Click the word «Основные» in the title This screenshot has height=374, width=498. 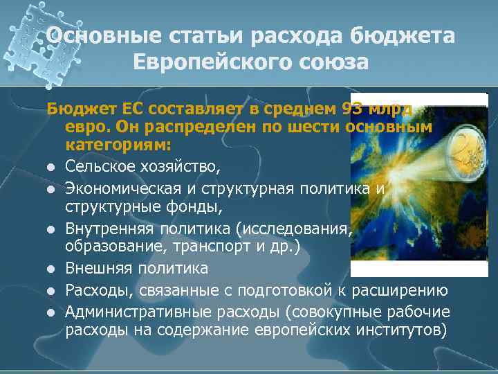click(98, 35)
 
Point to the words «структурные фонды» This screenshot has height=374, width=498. click(130, 206)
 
